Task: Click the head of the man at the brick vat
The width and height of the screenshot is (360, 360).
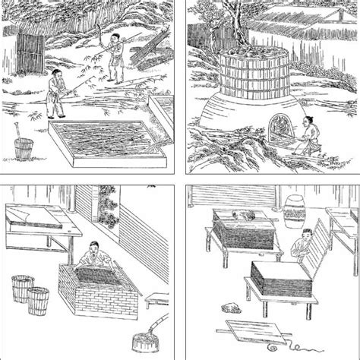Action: [x=93, y=248]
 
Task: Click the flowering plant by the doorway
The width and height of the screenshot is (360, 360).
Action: [x=110, y=208]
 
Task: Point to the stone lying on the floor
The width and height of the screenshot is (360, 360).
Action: [x=229, y=308]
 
